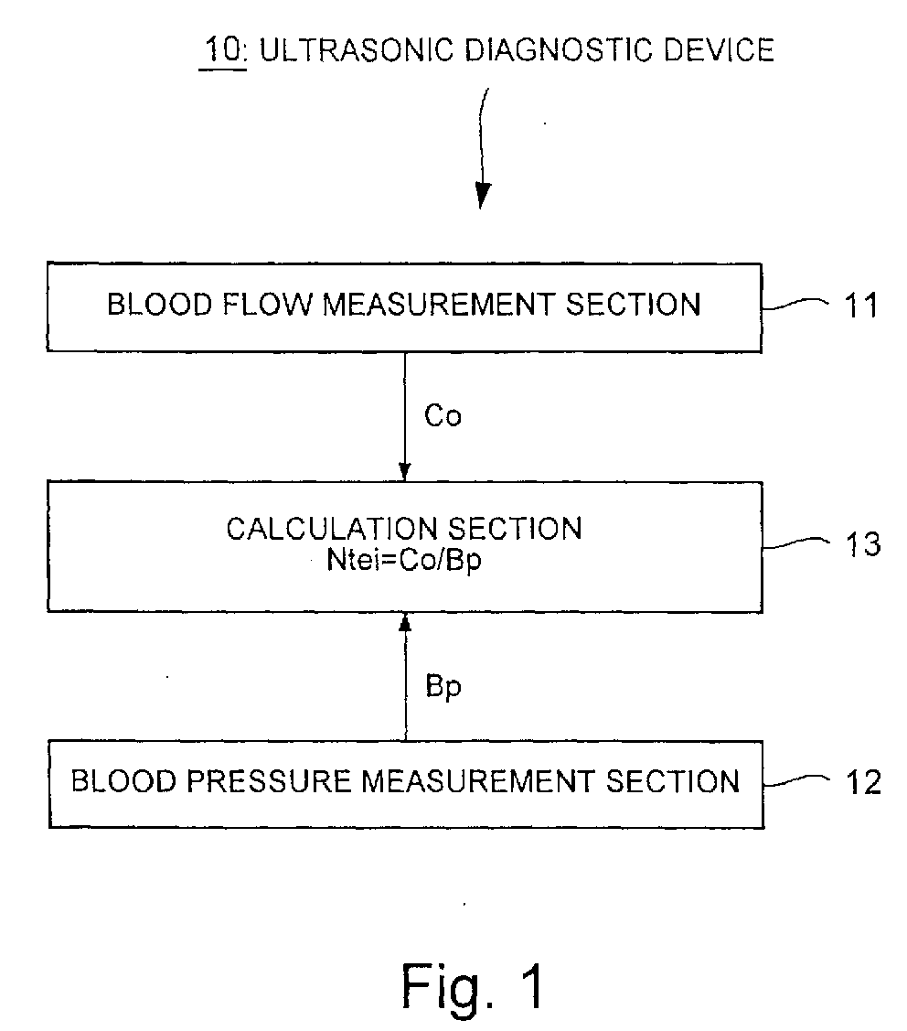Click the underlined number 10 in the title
point(223,49)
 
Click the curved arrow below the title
point(482,148)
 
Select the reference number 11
point(861,306)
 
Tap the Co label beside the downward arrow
point(443,415)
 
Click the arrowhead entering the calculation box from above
point(405,471)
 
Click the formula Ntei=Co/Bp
point(404,560)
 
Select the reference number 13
point(862,544)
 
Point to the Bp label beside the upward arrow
point(443,687)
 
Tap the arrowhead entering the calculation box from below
point(406,623)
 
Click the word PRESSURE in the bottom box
point(269,781)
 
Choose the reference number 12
point(863,782)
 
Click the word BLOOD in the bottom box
point(124,781)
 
